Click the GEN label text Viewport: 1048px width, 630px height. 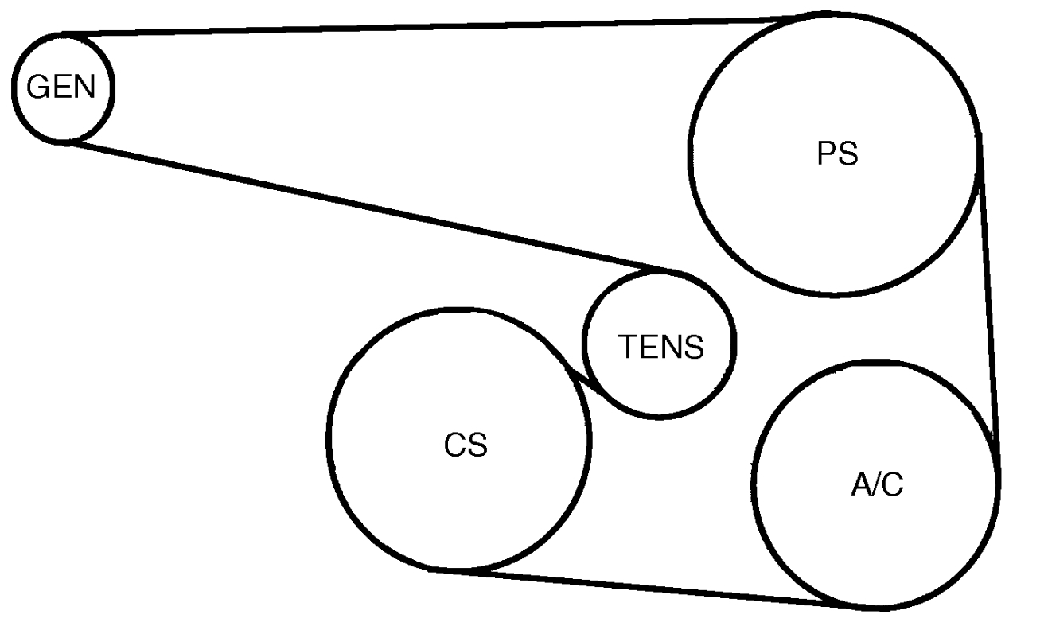61,87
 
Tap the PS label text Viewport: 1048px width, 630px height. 837,154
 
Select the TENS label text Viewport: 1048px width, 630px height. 660,347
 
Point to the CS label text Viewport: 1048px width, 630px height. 466,445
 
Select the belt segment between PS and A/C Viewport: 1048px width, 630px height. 988,294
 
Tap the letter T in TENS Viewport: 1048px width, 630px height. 626,347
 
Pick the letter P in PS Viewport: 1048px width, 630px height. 827,154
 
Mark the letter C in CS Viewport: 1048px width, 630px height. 454,445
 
